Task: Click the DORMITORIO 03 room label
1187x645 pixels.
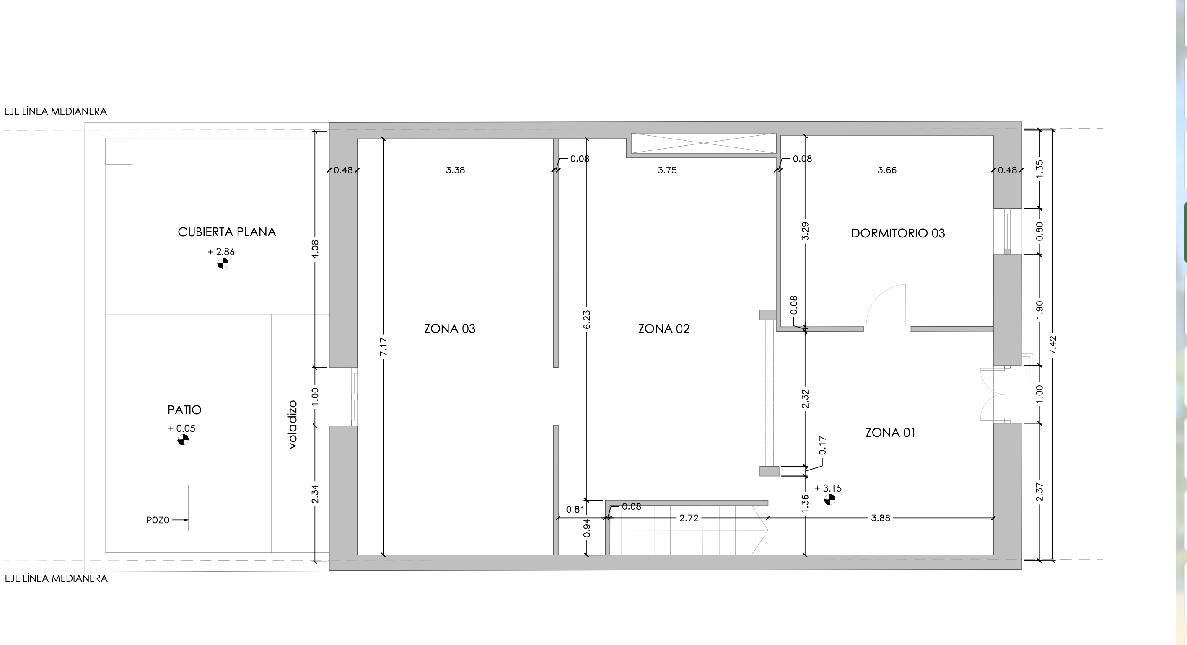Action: pos(898,233)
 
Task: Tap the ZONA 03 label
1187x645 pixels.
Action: pos(450,329)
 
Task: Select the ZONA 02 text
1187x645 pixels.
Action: pos(664,329)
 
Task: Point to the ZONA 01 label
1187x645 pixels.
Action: pos(890,433)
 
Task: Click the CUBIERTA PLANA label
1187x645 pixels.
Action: pos(227,232)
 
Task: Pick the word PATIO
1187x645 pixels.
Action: pos(184,410)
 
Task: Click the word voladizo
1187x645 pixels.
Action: pos(293,424)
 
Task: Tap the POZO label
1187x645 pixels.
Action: pos(158,520)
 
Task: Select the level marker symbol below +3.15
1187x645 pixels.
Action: pos(829,500)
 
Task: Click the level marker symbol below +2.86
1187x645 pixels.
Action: pos(223,263)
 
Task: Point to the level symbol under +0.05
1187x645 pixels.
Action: pos(183,440)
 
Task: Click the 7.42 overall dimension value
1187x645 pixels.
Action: pos(1053,345)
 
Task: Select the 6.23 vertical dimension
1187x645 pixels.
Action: pos(587,320)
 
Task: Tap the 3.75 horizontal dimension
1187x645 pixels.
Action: pos(667,170)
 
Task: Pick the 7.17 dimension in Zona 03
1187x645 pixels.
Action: pos(384,346)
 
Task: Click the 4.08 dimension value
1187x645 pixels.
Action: pos(315,249)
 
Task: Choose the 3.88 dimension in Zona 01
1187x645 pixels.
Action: pos(881,518)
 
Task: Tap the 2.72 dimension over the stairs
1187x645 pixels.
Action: pos(689,518)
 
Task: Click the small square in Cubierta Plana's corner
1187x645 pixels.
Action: pos(119,151)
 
